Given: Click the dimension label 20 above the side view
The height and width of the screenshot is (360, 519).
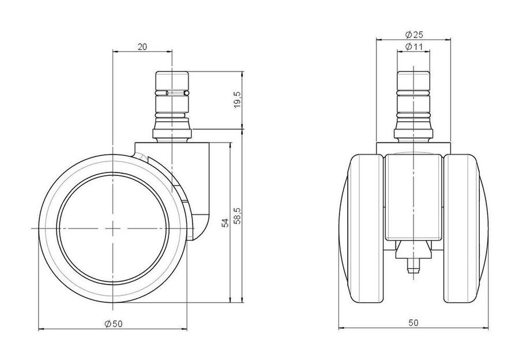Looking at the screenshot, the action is point(142,47).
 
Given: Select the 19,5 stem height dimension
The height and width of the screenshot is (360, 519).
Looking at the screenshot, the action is point(238,100).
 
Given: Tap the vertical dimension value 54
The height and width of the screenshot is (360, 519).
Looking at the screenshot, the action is point(225,223).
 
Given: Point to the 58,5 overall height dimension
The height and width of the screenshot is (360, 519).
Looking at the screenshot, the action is point(238,216).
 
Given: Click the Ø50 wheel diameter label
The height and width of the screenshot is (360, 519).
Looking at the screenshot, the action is point(114,324).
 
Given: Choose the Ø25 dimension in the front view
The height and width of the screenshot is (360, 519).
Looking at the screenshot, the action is point(414,35).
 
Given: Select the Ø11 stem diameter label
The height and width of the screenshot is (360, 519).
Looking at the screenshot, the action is point(414,47).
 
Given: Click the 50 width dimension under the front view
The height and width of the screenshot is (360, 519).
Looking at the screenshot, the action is point(413,322).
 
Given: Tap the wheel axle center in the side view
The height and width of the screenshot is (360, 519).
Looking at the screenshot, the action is point(113,228).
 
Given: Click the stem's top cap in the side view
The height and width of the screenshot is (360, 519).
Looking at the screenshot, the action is point(172,80).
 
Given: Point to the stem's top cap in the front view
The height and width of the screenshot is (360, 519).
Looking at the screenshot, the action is point(413,80).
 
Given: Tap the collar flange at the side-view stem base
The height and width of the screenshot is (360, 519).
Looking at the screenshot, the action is point(172,133).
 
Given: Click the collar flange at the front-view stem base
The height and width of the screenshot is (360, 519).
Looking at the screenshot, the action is point(413,133).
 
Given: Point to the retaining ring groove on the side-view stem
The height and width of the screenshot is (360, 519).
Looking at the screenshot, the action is point(172,93).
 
